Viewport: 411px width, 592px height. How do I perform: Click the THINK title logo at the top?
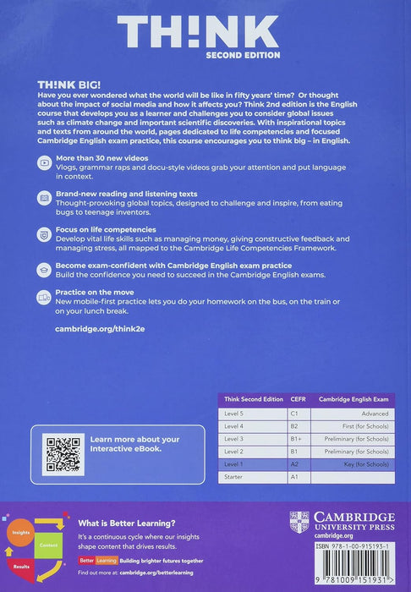pyautogui.click(x=198, y=33)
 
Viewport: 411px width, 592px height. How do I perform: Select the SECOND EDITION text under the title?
pyautogui.click(x=244, y=55)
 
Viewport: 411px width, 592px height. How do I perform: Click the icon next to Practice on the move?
pyautogui.click(x=43, y=295)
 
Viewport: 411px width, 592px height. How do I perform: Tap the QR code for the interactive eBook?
pyautogui.click(x=64, y=454)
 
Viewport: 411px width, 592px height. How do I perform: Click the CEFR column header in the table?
pyautogui.click(x=298, y=399)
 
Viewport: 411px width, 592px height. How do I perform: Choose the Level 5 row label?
pyautogui.click(x=235, y=414)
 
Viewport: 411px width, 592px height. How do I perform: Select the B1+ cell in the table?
pyautogui.click(x=297, y=439)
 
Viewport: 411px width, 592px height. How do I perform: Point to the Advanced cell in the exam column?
pyautogui.click(x=372, y=414)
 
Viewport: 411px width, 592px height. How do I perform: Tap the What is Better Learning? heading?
pyautogui.click(x=115, y=522)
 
